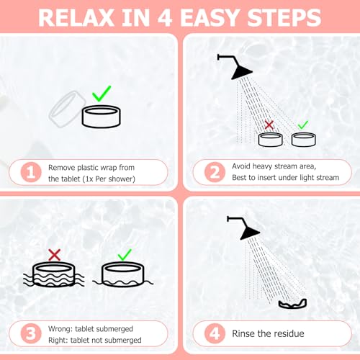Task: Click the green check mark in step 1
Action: pyautogui.click(x=101, y=94)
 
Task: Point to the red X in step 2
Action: pyautogui.click(x=269, y=125)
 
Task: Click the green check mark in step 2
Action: pyautogui.click(x=302, y=125)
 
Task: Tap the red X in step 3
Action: pyautogui.click(x=53, y=253)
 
